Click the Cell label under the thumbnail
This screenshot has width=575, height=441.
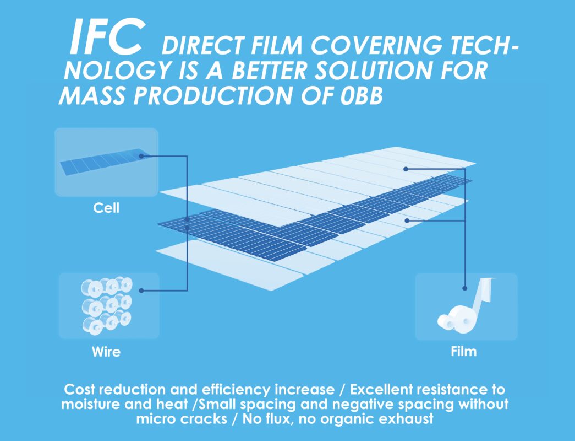coord(106,208)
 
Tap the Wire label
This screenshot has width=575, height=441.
coord(106,352)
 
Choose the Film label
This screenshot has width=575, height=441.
coord(463,351)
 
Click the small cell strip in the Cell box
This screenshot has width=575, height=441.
coord(103,162)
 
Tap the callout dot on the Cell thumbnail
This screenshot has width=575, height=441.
coord(141,156)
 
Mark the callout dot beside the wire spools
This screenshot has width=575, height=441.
coord(141,291)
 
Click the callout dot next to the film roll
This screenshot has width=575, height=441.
coord(464,288)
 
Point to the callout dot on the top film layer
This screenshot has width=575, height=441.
coord(406,169)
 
